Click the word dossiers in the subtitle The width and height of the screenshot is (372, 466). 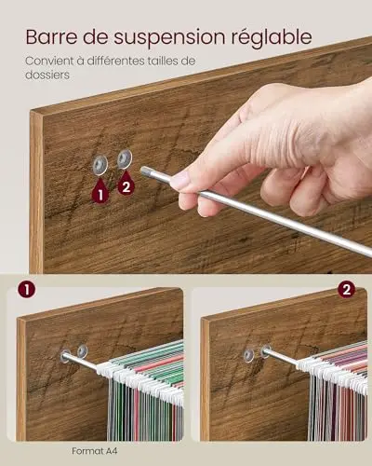point(47,75)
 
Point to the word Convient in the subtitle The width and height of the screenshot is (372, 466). point(49,61)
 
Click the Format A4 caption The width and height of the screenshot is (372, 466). point(95,451)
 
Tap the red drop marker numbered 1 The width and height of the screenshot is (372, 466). point(100,193)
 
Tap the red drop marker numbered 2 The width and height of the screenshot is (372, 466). point(126,185)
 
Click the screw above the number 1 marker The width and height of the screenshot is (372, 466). point(100,164)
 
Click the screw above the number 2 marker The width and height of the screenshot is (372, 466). point(125,158)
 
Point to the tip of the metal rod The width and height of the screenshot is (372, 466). point(144,171)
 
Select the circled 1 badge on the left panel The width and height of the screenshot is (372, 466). point(26,290)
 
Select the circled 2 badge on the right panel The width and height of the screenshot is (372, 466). point(346,290)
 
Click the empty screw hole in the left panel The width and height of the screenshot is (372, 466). point(83,350)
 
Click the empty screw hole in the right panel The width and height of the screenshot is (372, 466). point(248,355)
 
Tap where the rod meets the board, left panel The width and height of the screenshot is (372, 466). point(65,356)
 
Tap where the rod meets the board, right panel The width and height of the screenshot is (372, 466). point(265,350)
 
